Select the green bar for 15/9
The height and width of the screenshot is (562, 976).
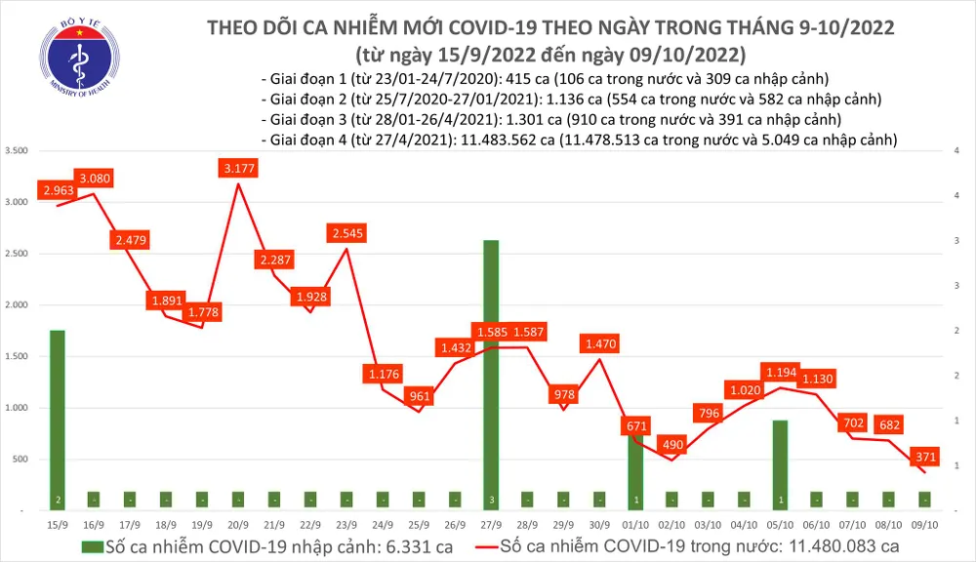(x=57, y=420)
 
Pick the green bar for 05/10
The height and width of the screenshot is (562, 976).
(x=781, y=464)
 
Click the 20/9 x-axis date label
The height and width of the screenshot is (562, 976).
(x=237, y=523)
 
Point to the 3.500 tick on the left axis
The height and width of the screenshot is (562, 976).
(x=17, y=151)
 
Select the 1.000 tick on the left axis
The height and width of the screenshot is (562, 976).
(x=17, y=408)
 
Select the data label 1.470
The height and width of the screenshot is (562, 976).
(x=601, y=343)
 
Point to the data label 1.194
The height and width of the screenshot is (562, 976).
(x=781, y=374)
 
